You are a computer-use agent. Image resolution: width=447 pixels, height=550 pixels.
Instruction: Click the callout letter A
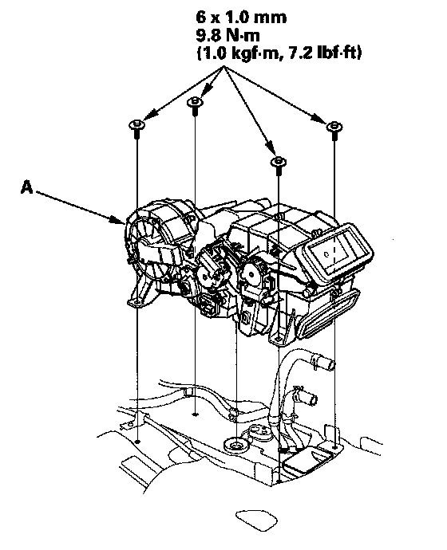pyautogui.click(x=26, y=187)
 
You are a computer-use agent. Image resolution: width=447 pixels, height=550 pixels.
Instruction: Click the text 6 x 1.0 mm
pyautogui.click(x=241, y=18)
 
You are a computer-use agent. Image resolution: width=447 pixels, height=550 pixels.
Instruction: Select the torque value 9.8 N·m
pyautogui.click(x=227, y=35)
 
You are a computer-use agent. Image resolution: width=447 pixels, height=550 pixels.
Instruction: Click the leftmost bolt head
pyautogui.click(x=137, y=125)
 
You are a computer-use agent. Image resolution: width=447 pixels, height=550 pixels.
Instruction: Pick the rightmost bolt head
pyautogui.click(x=334, y=126)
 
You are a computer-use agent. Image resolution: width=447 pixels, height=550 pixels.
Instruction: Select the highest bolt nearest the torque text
pyautogui.click(x=195, y=102)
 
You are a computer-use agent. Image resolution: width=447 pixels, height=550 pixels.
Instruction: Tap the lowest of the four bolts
pyautogui.click(x=278, y=162)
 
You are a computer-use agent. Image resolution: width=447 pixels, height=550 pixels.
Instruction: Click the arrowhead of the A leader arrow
pyautogui.click(x=120, y=220)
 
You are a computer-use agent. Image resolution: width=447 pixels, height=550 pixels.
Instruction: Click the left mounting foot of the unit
pyautogui.click(x=140, y=295)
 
